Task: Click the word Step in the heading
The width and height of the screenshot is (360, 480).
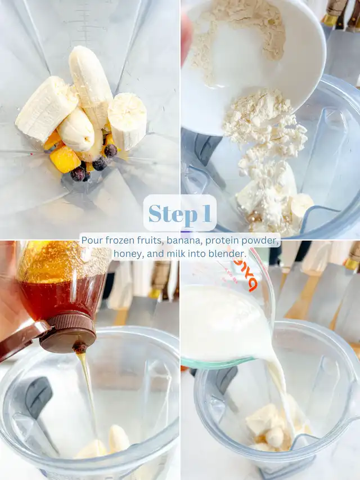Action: [x=173, y=214]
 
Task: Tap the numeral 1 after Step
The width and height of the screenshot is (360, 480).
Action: [x=206, y=213]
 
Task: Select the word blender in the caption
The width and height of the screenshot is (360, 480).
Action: [x=228, y=253]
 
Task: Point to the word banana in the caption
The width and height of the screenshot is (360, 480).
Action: [x=184, y=241]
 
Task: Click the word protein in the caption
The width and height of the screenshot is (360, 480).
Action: [x=222, y=241]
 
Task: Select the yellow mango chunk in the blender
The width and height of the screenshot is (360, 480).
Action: [x=65, y=159]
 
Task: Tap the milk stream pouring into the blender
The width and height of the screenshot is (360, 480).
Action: [x=280, y=395]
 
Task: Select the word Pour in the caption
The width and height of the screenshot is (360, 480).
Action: [x=92, y=241]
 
